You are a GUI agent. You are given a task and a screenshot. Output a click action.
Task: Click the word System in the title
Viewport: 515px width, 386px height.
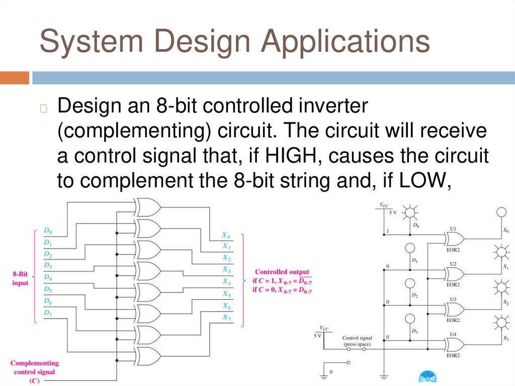click(92, 41)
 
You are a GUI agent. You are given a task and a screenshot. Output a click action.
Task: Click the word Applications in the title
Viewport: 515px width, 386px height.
click(345, 41)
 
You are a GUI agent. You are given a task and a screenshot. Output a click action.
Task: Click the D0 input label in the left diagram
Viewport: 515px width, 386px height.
click(48, 231)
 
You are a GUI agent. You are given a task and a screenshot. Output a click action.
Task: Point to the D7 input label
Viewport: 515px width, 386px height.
click(48, 313)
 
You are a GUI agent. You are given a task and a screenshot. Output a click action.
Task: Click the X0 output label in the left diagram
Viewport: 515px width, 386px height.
click(226, 236)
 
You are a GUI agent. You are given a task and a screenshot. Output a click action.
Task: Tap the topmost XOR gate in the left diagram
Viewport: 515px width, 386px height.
click(148, 207)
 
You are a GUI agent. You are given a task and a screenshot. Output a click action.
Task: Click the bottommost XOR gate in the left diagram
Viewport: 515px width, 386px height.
click(148, 356)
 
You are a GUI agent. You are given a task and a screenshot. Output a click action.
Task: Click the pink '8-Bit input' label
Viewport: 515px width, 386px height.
click(20, 278)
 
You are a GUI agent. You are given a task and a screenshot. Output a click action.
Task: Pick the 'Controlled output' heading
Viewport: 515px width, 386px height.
click(282, 272)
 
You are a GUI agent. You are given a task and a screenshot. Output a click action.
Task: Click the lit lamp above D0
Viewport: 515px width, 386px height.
click(410, 212)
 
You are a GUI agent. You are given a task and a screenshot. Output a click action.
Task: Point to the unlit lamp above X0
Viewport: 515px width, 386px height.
click(501, 212)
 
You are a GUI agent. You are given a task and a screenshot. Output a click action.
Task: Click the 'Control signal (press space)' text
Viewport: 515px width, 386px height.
click(357, 341)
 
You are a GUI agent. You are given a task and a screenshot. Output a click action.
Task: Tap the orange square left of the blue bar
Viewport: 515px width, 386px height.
click(15, 78)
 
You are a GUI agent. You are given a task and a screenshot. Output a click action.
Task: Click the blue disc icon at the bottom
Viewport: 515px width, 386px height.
click(428, 377)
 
